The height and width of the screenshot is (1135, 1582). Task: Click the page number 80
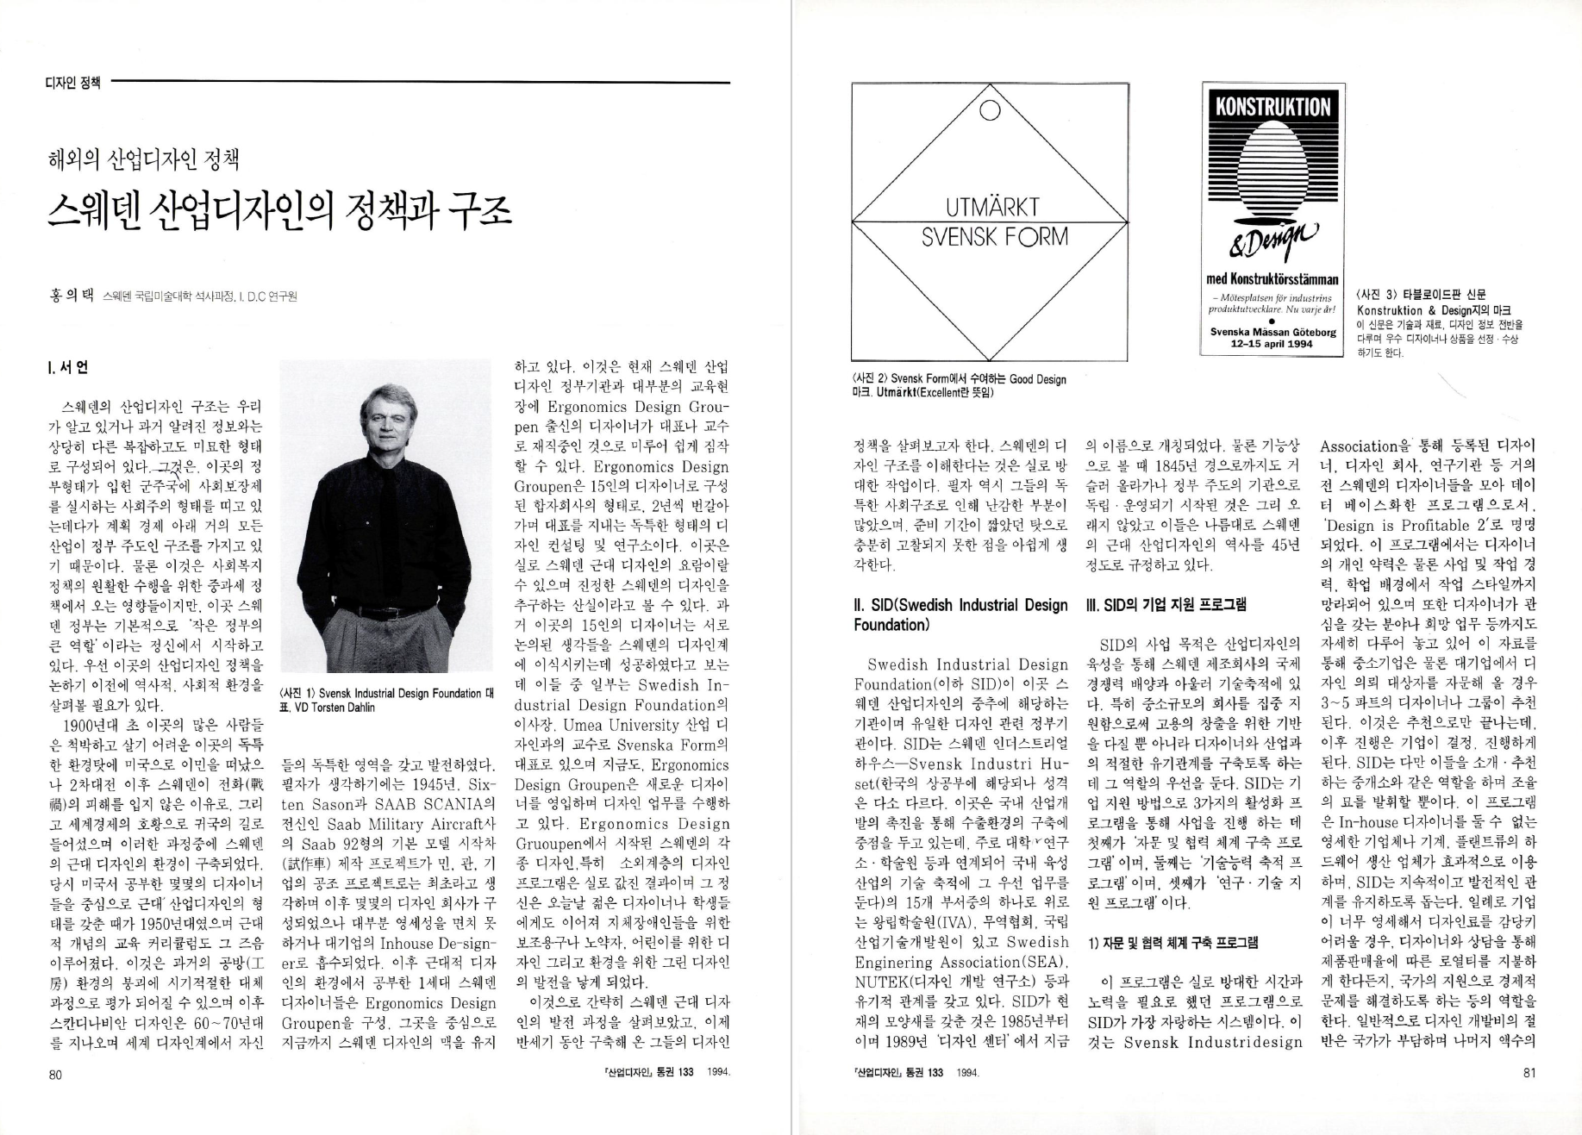coord(55,1074)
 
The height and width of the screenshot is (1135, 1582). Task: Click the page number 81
coord(1529,1073)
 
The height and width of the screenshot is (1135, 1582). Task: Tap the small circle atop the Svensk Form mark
coord(990,109)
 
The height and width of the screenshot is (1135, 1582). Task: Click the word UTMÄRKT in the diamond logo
coord(992,208)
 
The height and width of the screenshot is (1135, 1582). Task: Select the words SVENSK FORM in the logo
coord(994,237)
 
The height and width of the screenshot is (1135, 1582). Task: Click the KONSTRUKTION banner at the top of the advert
coord(1272,107)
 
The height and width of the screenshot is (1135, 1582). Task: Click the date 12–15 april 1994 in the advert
coord(1272,343)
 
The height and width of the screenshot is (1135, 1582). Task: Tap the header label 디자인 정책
coord(72,83)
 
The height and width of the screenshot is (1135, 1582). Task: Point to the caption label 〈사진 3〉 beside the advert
coord(1383,294)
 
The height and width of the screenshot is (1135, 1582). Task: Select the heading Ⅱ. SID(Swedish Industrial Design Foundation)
coord(960,614)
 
